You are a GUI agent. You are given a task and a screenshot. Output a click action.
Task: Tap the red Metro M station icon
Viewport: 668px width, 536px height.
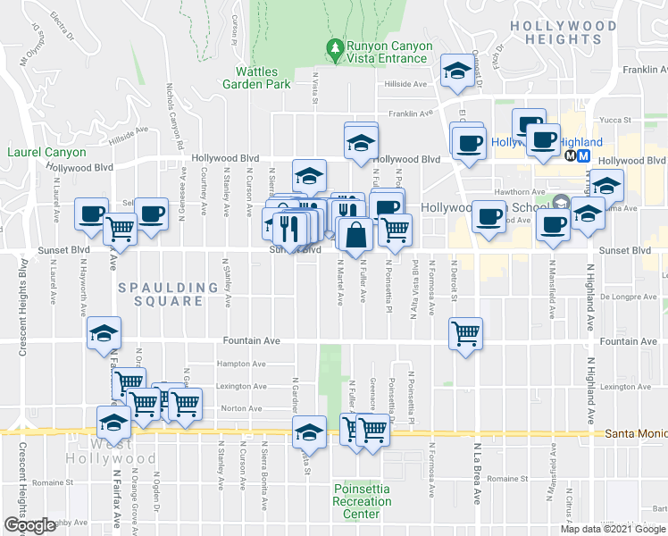(584, 155)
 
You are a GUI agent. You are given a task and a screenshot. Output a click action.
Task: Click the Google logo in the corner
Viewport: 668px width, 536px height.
(30, 525)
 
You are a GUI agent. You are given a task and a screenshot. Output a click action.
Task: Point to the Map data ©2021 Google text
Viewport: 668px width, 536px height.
(613, 529)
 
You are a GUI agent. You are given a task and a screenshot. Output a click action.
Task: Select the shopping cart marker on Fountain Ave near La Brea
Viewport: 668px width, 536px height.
(465, 334)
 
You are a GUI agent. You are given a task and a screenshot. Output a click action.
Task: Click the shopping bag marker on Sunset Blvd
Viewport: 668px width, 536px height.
(355, 236)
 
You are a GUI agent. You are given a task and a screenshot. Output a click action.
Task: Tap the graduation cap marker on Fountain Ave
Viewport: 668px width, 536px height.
(104, 334)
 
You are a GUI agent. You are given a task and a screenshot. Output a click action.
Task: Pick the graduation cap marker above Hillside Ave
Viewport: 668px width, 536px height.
(458, 71)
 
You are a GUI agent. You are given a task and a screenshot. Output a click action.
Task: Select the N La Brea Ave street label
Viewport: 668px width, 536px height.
(478, 473)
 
